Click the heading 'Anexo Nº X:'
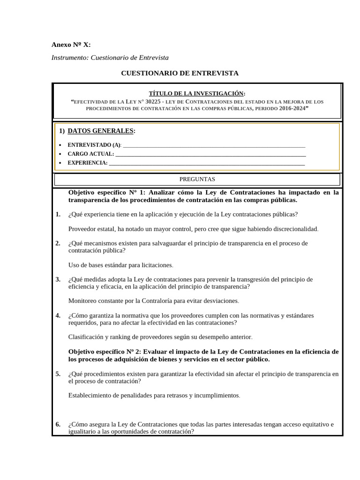tap(71, 45)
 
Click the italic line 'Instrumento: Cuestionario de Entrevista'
tap(110, 58)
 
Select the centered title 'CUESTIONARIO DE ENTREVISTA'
tap(180, 73)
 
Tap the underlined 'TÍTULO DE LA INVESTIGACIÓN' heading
tap(196, 93)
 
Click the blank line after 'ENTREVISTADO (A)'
tap(213, 145)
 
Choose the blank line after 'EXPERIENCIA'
tap(206, 163)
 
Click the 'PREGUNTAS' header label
tap(197, 179)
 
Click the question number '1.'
tap(58, 214)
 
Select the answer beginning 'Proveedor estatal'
tap(193, 229)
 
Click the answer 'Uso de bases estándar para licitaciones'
tap(120, 265)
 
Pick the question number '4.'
tap(58, 315)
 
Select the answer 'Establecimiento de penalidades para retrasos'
tap(154, 396)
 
